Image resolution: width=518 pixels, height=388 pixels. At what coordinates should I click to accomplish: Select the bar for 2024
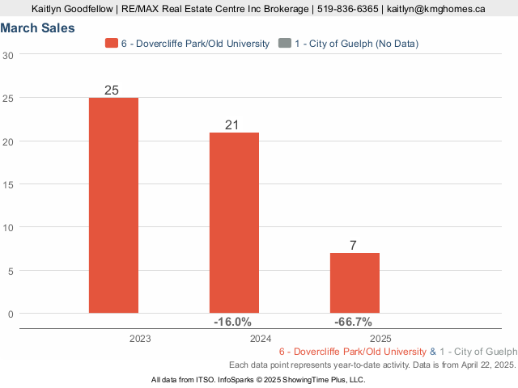(x=234, y=222)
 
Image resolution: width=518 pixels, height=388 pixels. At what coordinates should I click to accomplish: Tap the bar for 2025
(x=355, y=282)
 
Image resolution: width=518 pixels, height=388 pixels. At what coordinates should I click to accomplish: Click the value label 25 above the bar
(x=113, y=90)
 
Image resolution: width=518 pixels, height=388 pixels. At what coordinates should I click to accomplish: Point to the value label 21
(x=233, y=124)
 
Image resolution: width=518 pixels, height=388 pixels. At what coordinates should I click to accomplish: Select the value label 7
(x=355, y=245)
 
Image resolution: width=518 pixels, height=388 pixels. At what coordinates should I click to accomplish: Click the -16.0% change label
(x=233, y=322)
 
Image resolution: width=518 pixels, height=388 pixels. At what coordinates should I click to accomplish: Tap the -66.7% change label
(x=354, y=322)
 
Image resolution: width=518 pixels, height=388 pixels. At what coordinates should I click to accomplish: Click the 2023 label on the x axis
(x=140, y=338)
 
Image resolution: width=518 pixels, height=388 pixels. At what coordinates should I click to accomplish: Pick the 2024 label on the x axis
(x=261, y=338)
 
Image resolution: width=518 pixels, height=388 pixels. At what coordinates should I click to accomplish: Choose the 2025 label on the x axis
(x=381, y=338)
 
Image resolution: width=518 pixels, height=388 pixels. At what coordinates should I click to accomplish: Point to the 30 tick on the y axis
(x=8, y=55)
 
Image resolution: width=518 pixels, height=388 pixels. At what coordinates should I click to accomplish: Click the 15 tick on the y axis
(x=8, y=184)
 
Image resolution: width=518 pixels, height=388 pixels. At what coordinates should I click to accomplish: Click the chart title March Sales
(x=38, y=27)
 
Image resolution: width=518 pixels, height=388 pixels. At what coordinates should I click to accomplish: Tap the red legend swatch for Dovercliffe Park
(x=112, y=43)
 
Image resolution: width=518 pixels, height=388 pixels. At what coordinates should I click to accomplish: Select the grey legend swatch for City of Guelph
(x=283, y=43)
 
